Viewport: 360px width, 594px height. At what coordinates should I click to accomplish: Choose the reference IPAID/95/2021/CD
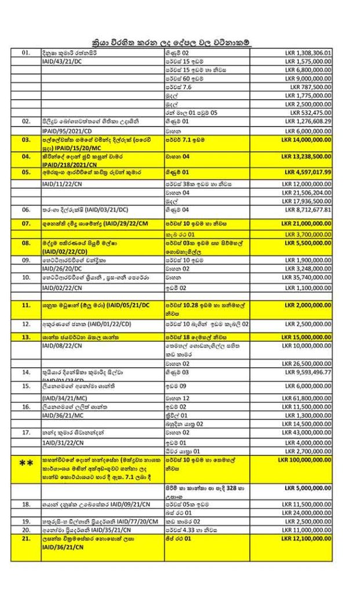pyautogui.click(x=64, y=131)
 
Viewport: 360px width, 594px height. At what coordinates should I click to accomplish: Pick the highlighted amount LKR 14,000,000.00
pyautogui.click(x=307, y=141)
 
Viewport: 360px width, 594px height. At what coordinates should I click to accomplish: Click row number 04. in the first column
pyautogui.click(x=26, y=157)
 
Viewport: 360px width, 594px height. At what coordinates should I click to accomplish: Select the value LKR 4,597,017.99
pyautogui.click(x=307, y=172)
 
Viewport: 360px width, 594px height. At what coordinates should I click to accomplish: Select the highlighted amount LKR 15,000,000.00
pyautogui.click(x=307, y=337)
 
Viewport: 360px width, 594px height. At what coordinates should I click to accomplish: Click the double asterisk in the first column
pyautogui.click(x=26, y=463)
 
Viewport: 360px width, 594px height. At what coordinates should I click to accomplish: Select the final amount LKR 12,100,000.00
pyautogui.click(x=307, y=539)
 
